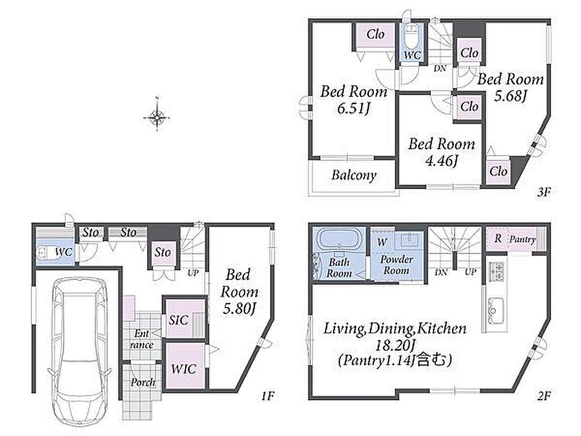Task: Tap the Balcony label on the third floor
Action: tap(354, 175)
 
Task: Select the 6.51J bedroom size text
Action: tap(353, 108)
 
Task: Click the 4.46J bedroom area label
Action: tap(441, 161)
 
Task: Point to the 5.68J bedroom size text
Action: tap(511, 96)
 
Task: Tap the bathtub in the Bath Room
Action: tap(340, 241)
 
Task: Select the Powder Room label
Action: tap(397, 265)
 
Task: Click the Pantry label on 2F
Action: tap(522, 240)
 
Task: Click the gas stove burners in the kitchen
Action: tap(495, 272)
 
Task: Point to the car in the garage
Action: tap(79, 351)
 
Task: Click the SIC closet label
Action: tap(179, 320)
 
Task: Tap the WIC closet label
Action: tap(184, 369)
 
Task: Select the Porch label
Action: tap(142, 382)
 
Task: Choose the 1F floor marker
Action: tap(268, 396)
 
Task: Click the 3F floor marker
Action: tap(544, 192)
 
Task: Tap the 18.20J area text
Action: tap(395, 346)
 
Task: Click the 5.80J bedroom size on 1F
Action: tap(240, 308)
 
